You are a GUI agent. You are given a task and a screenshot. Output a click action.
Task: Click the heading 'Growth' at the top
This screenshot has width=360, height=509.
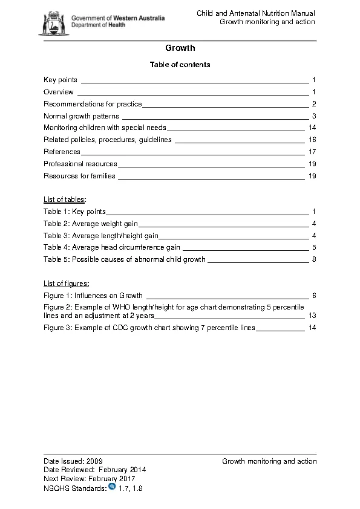180,48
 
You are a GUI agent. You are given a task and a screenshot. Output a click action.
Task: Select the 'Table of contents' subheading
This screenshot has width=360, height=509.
180,64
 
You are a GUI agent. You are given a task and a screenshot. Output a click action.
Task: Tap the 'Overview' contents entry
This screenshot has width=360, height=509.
59,92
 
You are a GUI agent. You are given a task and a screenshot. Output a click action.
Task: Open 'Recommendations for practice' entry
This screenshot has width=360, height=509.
93,104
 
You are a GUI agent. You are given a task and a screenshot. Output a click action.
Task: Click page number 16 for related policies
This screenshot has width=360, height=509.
312,140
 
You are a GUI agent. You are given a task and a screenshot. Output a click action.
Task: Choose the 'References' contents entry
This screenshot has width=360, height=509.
61,152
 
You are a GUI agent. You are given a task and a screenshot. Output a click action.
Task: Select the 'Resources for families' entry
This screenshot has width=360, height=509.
79,176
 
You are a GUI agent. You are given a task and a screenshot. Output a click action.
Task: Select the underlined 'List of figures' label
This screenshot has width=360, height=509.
67,283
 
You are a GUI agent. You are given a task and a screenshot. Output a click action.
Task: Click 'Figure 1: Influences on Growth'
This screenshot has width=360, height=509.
93,296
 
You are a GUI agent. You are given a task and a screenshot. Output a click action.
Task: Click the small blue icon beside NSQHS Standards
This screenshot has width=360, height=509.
112,487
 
